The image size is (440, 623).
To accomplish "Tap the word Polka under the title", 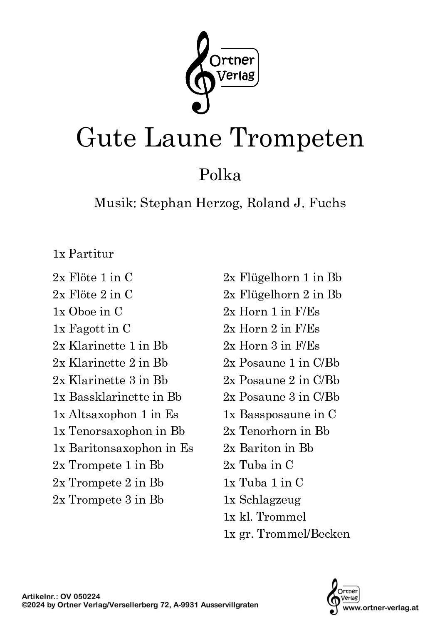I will (x=220, y=175).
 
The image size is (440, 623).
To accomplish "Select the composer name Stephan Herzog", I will (x=191, y=203).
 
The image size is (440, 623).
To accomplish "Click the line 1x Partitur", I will (x=83, y=254).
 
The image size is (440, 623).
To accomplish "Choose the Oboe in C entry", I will (x=87, y=311).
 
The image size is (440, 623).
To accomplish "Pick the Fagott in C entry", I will (x=91, y=329).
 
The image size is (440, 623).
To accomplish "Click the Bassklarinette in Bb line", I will (x=117, y=397).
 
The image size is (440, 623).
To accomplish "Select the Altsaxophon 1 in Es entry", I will (x=115, y=415).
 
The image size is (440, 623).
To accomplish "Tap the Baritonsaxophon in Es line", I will (x=123, y=449).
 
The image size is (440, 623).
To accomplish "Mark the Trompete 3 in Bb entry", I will (x=108, y=500).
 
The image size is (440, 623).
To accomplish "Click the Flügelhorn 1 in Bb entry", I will (x=282, y=278).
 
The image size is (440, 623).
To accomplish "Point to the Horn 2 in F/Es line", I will (x=272, y=329).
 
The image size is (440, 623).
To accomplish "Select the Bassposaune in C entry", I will (x=279, y=415).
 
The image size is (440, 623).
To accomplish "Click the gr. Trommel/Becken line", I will (x=287, y=534).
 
